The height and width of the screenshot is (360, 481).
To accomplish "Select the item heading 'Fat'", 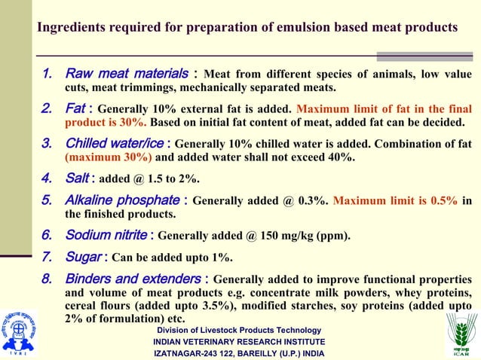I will (75, 108).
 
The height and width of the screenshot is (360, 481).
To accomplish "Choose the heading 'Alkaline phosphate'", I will (124, 201).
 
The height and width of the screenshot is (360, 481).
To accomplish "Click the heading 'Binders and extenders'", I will (133, 279).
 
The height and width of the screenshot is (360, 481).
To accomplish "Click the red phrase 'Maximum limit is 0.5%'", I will (395, 201).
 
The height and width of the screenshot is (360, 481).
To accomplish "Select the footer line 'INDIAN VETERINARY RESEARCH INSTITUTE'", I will (240, 342).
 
